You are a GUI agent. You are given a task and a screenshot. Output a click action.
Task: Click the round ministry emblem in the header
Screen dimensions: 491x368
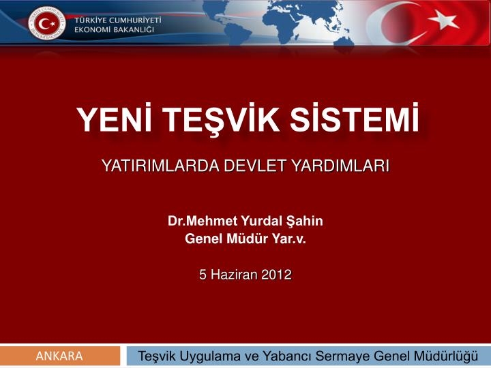pyautogui.click(x=47, y=23)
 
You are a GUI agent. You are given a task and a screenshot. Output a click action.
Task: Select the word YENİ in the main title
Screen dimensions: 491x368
pyautogui.click(x=115, y=119)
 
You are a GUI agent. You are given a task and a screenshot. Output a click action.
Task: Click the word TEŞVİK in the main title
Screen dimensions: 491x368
pyautogui.click(x=222, y=120)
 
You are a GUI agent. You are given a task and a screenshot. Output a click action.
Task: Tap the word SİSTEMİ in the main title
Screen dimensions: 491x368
pyautogui.click(x=355, y=119)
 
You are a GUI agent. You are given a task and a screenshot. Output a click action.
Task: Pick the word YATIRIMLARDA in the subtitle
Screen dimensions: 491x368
pyautogui.click(x=161, y=166)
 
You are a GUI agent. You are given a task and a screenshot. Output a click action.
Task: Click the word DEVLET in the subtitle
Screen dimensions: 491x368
pyautogui.click(x=254, y=166)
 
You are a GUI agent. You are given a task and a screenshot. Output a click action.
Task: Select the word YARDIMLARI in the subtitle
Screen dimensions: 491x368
pyautogui.click(x=340, y=166)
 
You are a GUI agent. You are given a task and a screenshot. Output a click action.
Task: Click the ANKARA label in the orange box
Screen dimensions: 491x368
pyautogui.click(x=59, y=356)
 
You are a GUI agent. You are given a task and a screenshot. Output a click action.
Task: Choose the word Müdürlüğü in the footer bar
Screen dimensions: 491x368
pyautogui.click(x=446, y=356)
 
